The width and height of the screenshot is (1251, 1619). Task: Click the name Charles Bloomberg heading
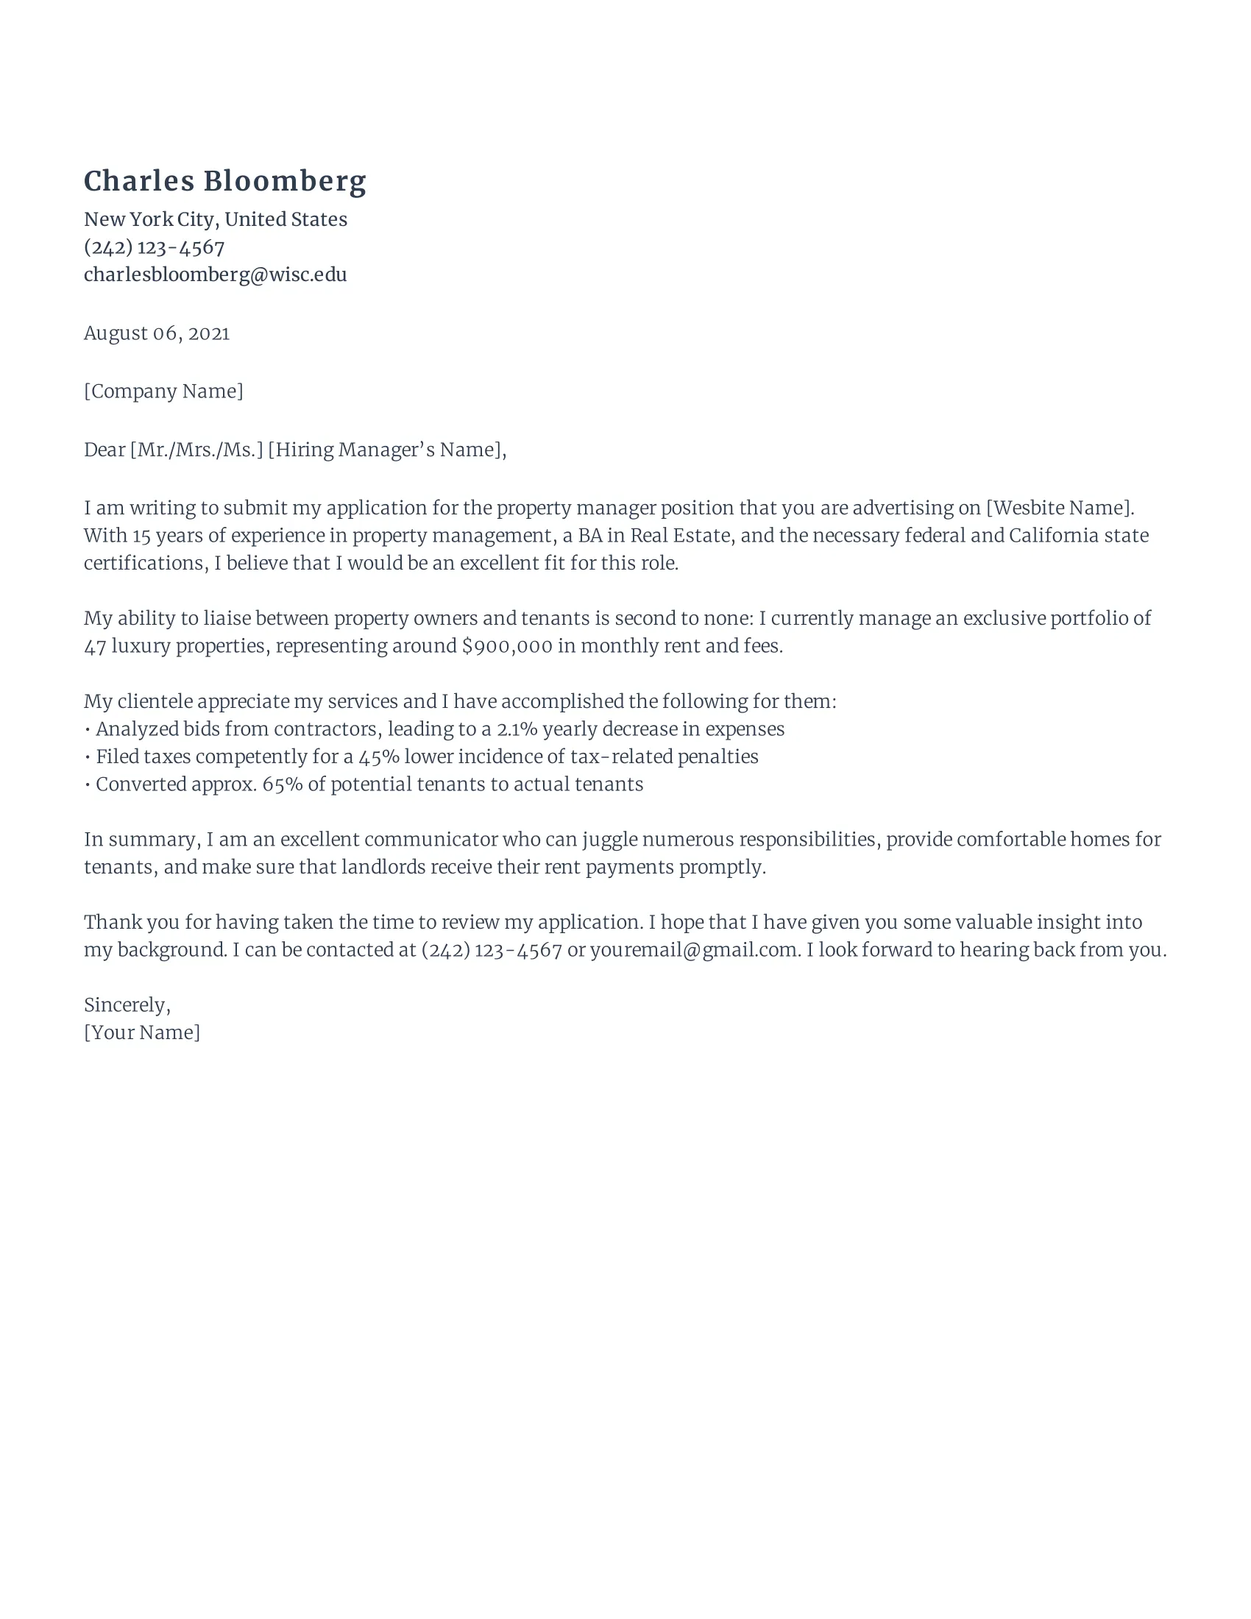(224, 182)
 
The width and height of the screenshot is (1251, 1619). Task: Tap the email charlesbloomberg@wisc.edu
(215, 275)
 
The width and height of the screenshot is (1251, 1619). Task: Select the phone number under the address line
(154, 247)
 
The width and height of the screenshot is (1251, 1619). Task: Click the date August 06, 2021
(156, 333)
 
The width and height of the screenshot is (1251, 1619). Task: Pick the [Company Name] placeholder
(163, 392)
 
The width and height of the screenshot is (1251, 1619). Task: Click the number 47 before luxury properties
(95, 646)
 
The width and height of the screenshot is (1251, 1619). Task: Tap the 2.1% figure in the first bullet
(517, 729)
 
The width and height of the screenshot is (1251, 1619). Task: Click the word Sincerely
(127, 1005)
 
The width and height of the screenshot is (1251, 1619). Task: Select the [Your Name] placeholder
(141, 1032)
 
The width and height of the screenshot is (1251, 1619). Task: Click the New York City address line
(215, 219)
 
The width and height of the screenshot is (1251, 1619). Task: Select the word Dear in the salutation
(104, 450)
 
